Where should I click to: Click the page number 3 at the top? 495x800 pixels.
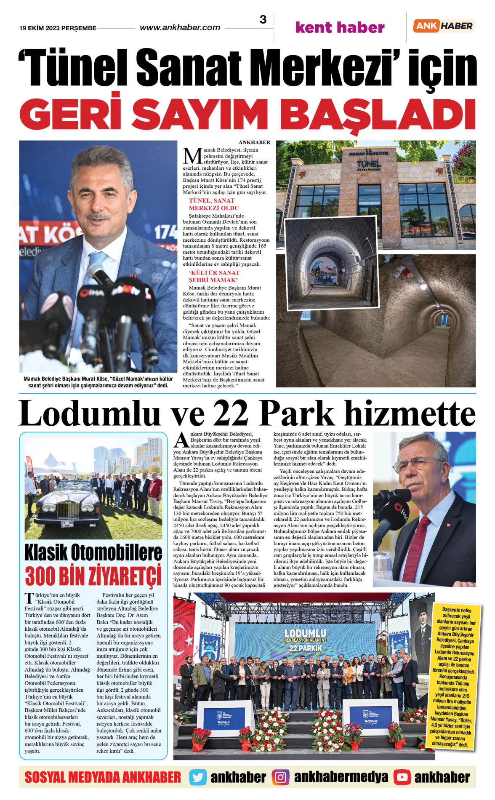pyautogui.click(x=263, y=19)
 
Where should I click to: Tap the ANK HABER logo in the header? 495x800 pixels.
pyautogui.click(x=444, y=26)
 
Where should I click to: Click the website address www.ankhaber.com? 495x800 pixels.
pyautogui.click(x=180, y=28)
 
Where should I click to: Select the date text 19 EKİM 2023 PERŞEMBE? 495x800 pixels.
pyautogui.click(x=58, y=28)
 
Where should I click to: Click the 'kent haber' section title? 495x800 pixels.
pyautogui.click(x=340, y=27)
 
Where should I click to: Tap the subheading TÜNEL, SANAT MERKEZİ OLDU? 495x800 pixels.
pyautogui.click(x=213, y=204)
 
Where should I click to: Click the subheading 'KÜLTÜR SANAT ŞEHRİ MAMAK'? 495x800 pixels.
pyautogui.click(x=214, y=276)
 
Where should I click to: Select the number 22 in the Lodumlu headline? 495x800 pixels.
pyautogui.click(x=231, y=414)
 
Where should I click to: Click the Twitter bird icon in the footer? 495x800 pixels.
pyautogui.click(x=197, y=777)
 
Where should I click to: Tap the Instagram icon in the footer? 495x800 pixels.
pyautogui.click(x=280, y=777)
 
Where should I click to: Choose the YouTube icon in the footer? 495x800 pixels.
pyautogui.click(x=402, y=777)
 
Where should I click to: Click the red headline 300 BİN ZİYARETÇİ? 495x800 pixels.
pyautogui.click(x=93, y=576)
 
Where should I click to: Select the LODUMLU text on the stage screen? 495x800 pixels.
pyautogui.click(x=305, y=634)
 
